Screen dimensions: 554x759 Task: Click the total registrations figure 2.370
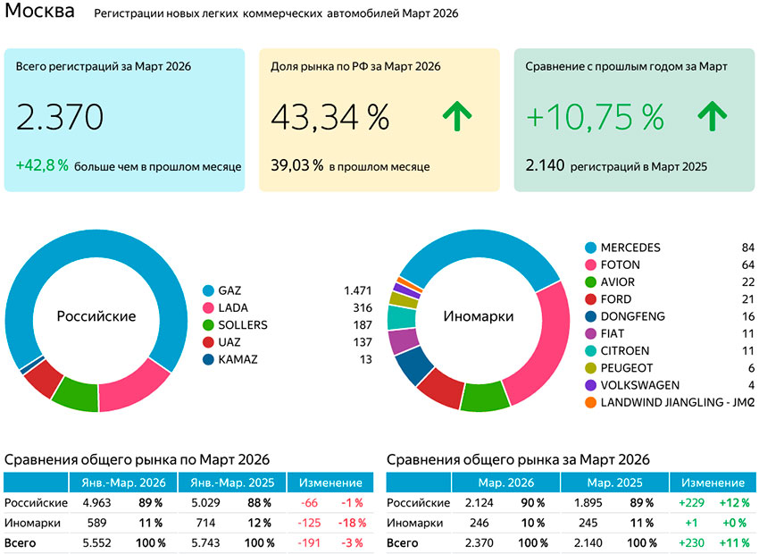click(60, 117)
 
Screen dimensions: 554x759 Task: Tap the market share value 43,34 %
click(329, 117)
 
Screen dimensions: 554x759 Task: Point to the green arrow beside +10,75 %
click(713, 117)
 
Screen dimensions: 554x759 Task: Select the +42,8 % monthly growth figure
click(42, 165)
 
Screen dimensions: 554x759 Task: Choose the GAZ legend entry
click(229, 290)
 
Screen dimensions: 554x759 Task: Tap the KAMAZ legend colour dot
click(209, 359)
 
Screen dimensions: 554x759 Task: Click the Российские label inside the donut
click(96, 316)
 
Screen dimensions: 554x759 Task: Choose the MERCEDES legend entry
click(630, 248)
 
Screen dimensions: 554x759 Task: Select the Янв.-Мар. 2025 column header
click(232, 483)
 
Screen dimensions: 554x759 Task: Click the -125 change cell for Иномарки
click(311, 523)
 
